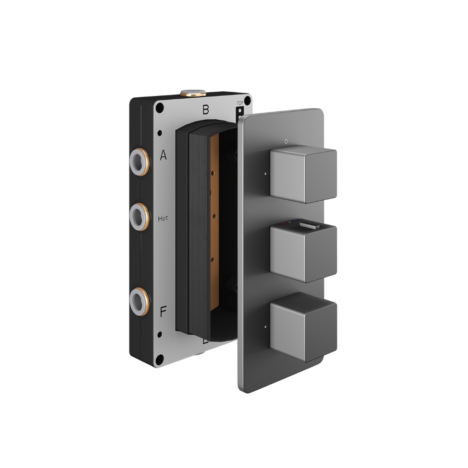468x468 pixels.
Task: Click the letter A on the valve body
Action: pyautogui.click(x=163, y=156)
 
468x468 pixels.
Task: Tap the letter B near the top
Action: pyautogui.click(x=205, y=110)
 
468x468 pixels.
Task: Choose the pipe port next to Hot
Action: pyautogui.click(x=139, y=215)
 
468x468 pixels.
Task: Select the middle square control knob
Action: pyautogui.click(x=303, y=254)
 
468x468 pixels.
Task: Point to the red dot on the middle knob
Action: pyautogui.click(x=284, y=224)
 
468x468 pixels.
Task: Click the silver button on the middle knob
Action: pyautogui.click(x=309, y=224)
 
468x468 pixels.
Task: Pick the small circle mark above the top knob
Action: pyautogui.click(x=285, y=140)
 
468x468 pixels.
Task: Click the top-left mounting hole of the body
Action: pyautogui.click(x=159, y=107)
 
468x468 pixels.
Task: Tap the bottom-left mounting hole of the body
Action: pyautogui.click(x=159, y=358)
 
